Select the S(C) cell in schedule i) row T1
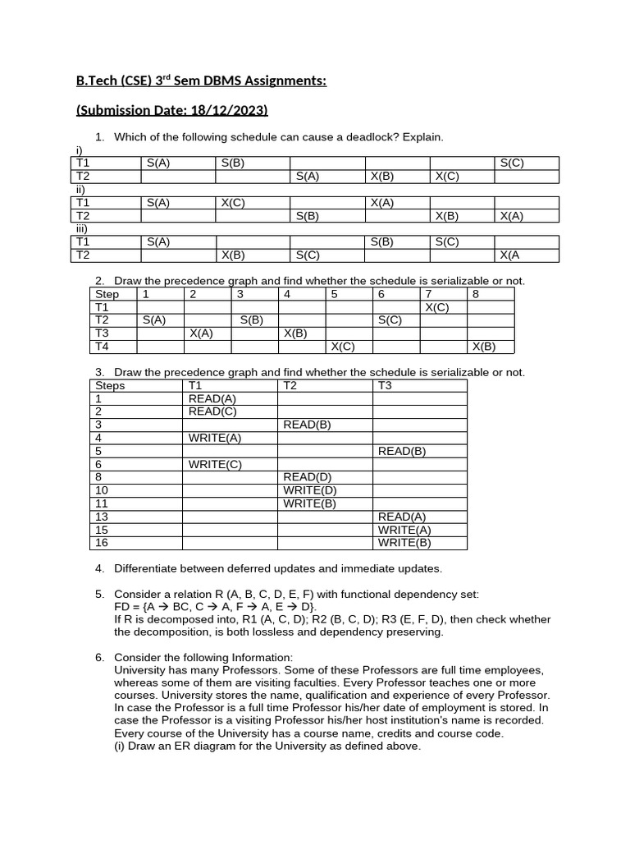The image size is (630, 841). pyautogui.click(x=513, y=163)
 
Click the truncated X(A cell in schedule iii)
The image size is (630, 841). pyautogui.click(x=510, y=255)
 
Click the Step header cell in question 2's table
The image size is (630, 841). pyautogui.click(x=107, y=294)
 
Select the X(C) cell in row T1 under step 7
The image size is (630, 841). pyautogui.click(x=436, y=307)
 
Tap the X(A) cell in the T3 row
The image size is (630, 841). pyautogui.click(x=201, y=333)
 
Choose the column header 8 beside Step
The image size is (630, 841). pyautogui.click(x=476, y=294)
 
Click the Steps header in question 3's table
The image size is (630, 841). pyautogui.click(x=111, y=385)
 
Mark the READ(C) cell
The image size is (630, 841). pyautogui.click(x=212, y=411)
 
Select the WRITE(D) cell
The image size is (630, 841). pyautogui.click(x=310, y=490)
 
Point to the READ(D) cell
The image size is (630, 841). pyautogui.click(x=308, y=477)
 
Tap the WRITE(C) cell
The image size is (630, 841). pyautogui.click(x=215, y=464)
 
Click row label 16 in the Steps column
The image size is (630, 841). pyautogui.click(x=102, y=543)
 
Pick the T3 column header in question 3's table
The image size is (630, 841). pyautogui.click(x=386, y=385)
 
